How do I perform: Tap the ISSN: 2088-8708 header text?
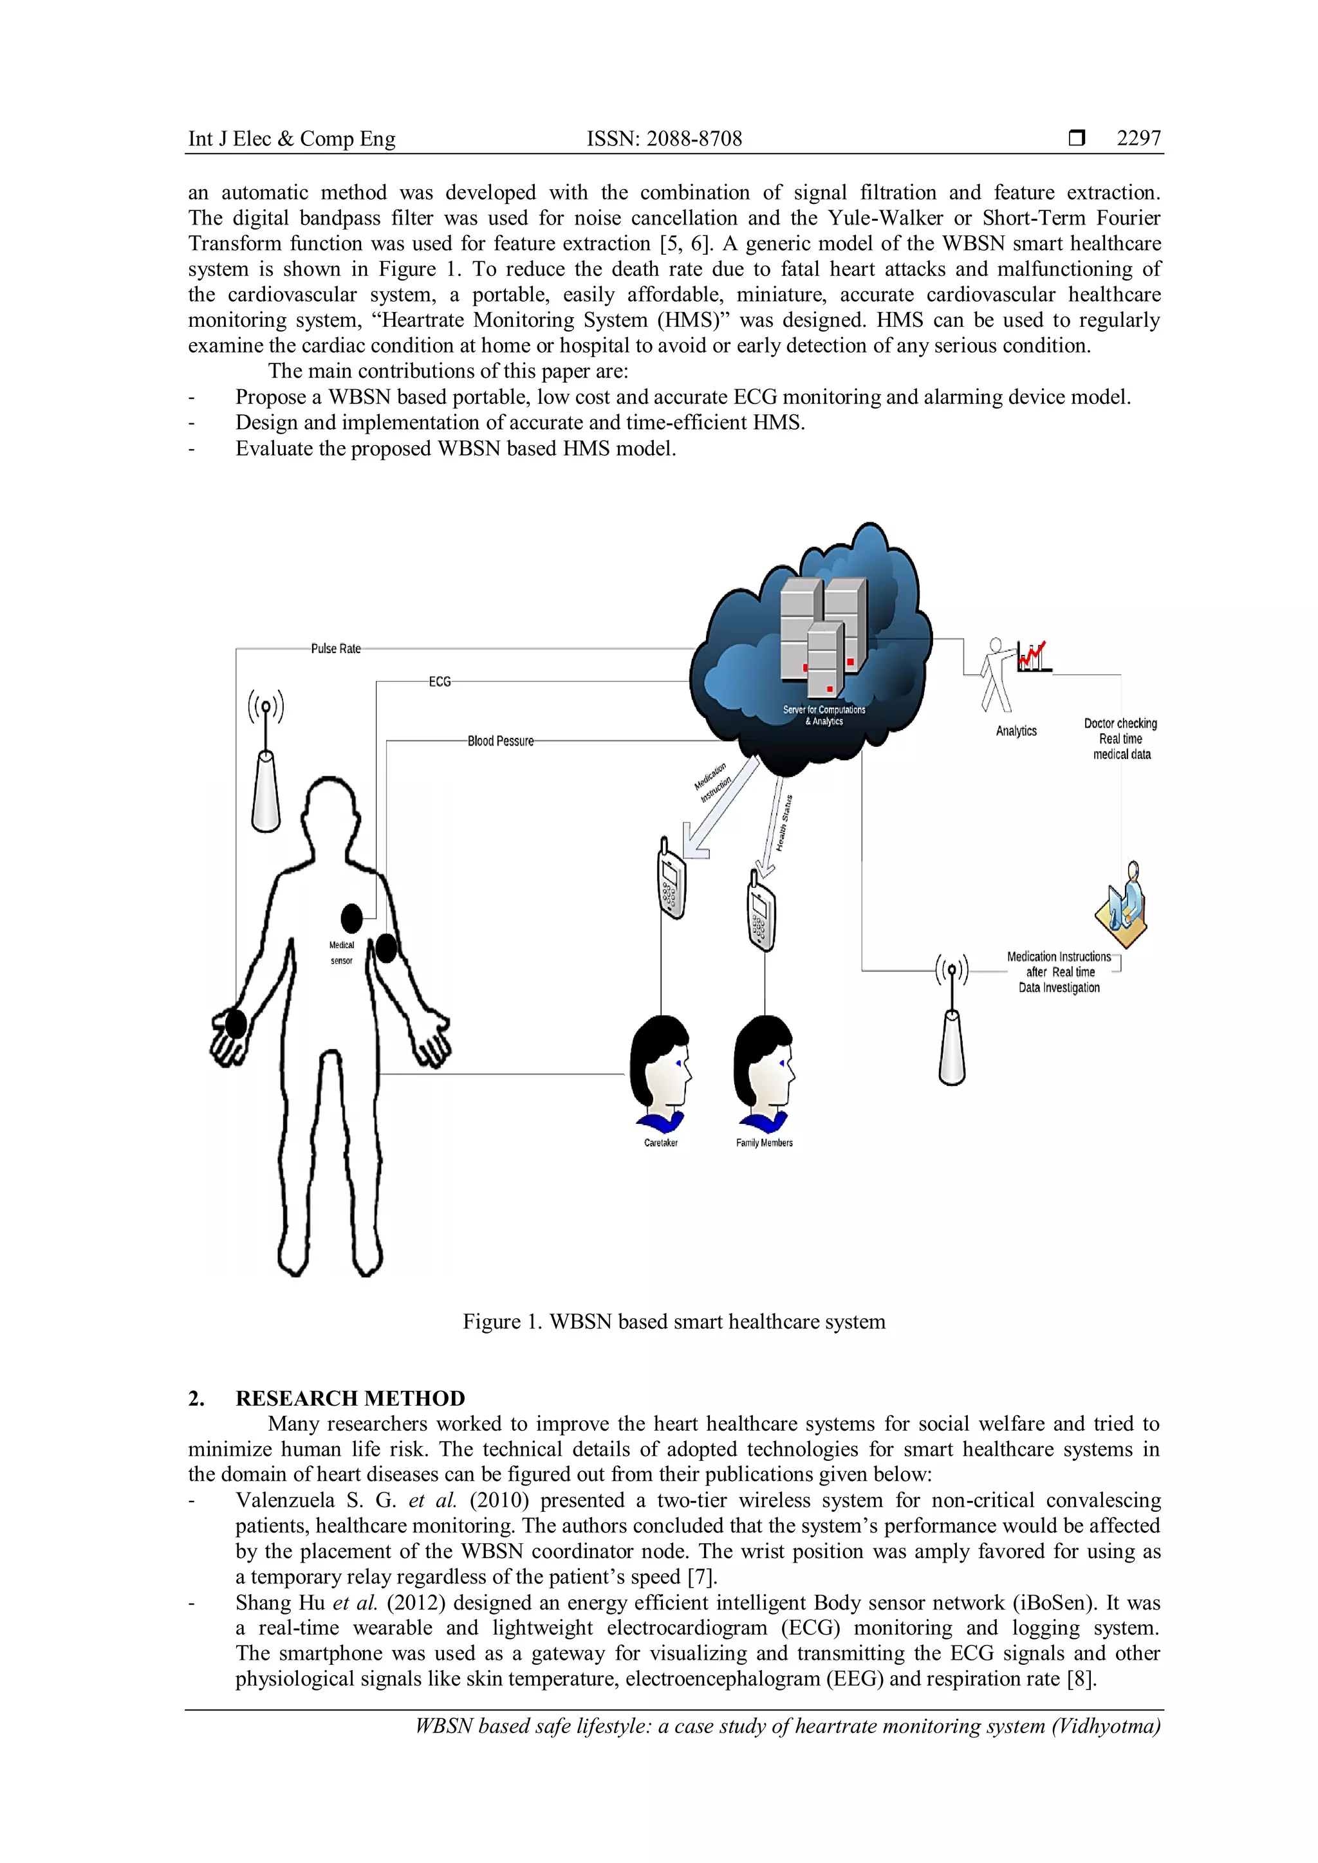point(664,139)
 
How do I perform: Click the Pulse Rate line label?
point(336,648)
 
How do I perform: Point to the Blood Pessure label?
point(500,741)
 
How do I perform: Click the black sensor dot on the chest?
point(351,919)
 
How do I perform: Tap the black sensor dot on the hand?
point(236,1024)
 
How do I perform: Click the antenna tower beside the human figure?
point(265,763)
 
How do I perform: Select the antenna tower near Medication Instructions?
point(952,1022)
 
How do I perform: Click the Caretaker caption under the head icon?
point(661,1143)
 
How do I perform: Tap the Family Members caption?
point(764,1143)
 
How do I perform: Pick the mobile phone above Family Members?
point(761,911)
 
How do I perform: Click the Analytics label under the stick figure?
point(1016,731)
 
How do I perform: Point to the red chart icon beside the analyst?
point(1033,656)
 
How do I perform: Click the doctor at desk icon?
point(1122,907)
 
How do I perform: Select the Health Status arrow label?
point(783,823)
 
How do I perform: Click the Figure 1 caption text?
point(674,1322)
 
